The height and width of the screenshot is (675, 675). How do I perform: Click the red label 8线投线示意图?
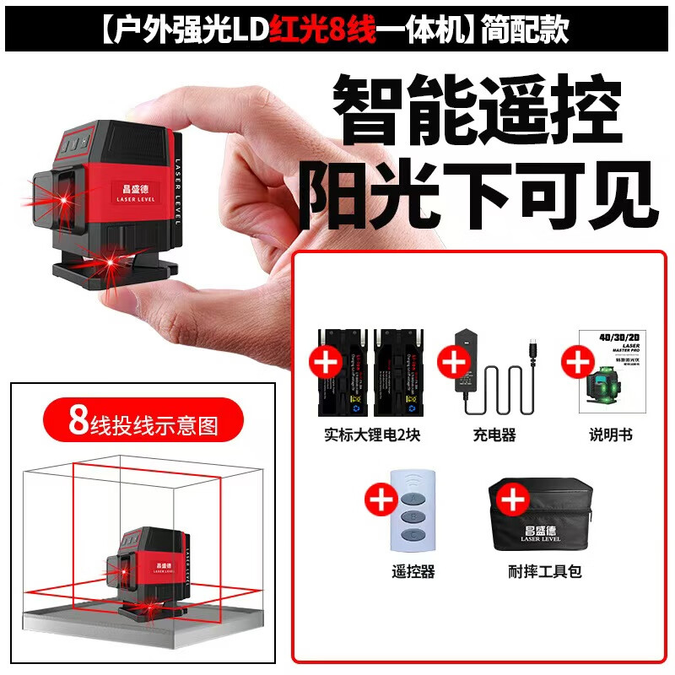[143, 422]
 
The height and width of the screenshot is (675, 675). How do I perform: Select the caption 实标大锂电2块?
[368, 435]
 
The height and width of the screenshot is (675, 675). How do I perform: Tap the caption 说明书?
[611, 435]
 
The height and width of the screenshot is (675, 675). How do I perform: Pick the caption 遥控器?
[413, 571]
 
